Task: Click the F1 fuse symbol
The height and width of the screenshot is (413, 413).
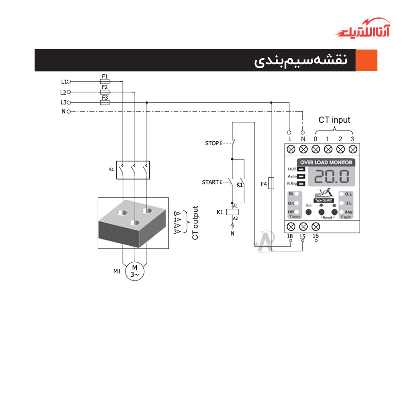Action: pos(105,82)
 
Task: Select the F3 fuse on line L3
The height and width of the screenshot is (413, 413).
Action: pos(105,102)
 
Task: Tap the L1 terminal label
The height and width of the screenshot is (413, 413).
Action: pos(64,82)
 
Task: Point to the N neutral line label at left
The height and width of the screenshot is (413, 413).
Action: pos(64,112)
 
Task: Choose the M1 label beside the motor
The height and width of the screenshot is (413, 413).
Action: pos(117,271)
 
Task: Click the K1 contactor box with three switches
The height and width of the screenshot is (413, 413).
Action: pos(133,170)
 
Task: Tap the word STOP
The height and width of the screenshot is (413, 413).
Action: pos(211,143)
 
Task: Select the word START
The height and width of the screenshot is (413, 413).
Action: pos(210,182)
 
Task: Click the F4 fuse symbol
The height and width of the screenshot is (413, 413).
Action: pos(271,183)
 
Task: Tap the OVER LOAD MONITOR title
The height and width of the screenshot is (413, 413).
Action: pos(326,162)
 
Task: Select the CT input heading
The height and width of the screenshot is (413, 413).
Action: pos(334,120)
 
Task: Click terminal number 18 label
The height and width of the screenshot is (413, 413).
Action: pos(290,237)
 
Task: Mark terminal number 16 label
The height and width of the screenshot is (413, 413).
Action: pos(316,236)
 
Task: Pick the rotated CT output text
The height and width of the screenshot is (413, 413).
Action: pos(195,223)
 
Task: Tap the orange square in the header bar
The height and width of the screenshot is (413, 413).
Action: pos(367,60)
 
